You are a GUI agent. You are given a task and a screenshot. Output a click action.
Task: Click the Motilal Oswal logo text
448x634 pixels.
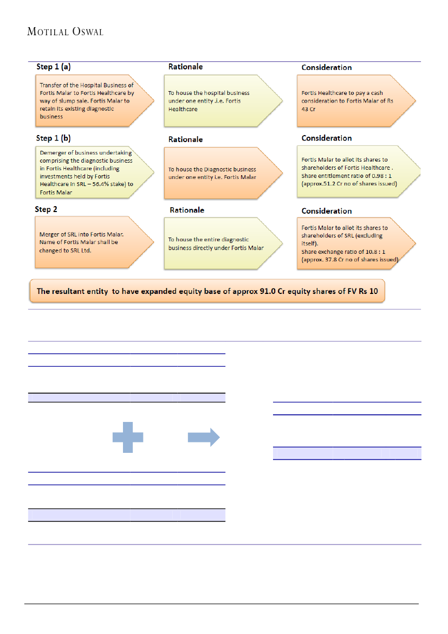65,31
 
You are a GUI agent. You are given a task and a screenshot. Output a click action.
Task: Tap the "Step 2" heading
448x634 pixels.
47,209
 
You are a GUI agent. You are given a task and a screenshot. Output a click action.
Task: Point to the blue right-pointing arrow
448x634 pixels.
204,437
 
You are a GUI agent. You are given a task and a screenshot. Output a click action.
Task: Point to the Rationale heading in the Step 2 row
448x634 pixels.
187,210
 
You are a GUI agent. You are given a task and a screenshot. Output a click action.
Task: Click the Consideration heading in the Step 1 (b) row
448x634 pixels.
327,138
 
